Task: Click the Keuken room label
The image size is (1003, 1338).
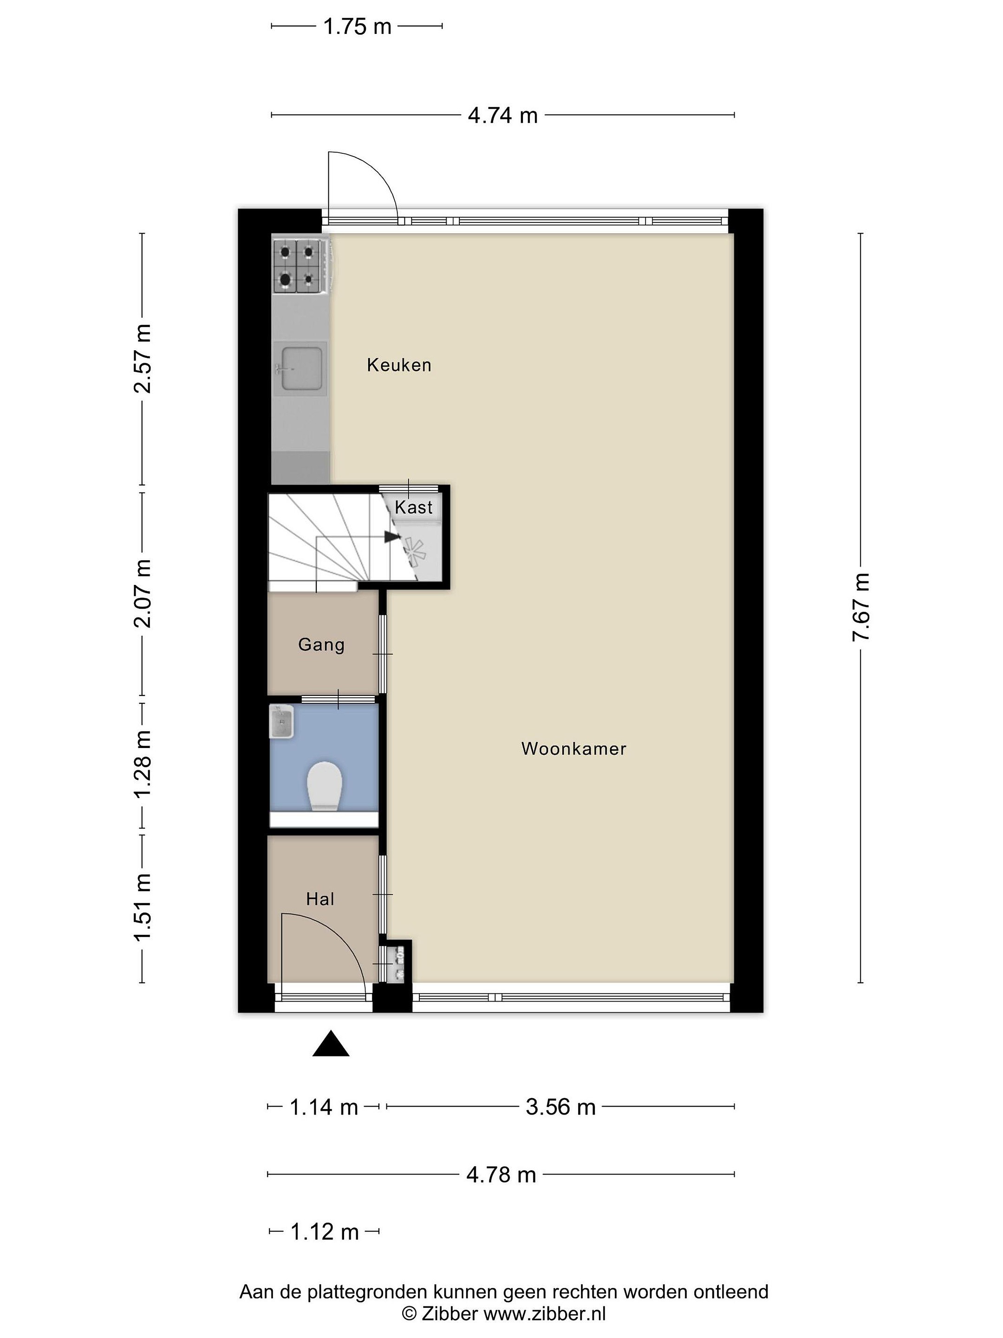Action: pyautogui.click(x=399, y=365)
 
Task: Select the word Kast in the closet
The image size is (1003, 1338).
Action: pyautogui.click(x=414, y=507)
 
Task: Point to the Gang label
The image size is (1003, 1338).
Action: pyautogui.click(x=321, y=645)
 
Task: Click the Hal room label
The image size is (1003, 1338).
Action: pyautogui.click(x=320, y=899)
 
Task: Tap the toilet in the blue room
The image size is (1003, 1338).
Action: pyautogui.click(x=325, y=786)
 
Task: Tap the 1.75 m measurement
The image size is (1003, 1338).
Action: pyautogui.click(x=357, y=26)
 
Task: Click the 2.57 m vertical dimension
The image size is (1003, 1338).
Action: pyautogui.click(x=142, y=359)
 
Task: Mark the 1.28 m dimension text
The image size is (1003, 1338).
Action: pyautogui.click(x=142, y=763)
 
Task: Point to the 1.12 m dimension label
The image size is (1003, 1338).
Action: pyautogui.click(x=325, y=1232)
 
